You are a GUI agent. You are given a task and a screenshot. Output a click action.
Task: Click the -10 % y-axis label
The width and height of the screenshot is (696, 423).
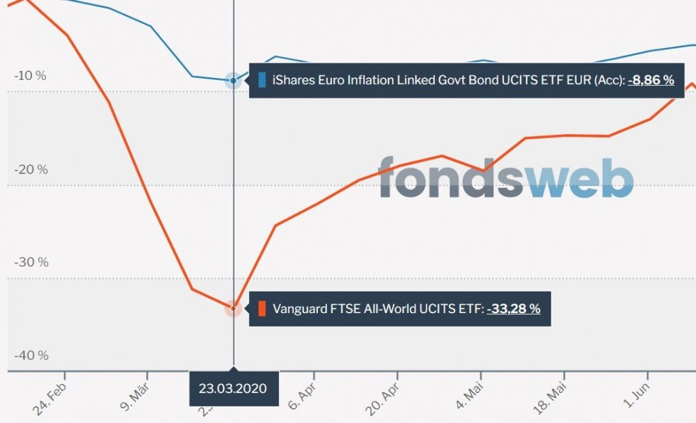point(31,76)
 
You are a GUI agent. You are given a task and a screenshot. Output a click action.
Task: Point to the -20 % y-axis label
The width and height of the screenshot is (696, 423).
point(31,170)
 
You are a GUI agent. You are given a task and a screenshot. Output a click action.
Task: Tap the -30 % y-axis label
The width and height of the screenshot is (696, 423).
point(31,262)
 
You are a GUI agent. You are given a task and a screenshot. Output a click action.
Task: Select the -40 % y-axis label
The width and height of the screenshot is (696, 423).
point(31,356)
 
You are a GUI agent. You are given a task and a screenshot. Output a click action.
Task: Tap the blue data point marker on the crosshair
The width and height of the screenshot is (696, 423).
point(233,81)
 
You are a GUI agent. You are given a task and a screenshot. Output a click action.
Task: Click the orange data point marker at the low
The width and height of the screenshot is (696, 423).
point(233,308)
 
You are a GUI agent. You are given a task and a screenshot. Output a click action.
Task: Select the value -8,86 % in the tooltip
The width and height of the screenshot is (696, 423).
point(651,80)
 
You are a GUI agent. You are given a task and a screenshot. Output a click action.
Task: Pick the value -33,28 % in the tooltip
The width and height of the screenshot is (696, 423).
point(514,308)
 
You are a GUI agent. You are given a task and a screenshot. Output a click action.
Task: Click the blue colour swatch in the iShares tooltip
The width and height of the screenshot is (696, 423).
point(262,80)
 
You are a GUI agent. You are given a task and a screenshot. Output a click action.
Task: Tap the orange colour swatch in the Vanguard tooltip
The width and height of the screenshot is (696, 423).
point(262,308)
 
